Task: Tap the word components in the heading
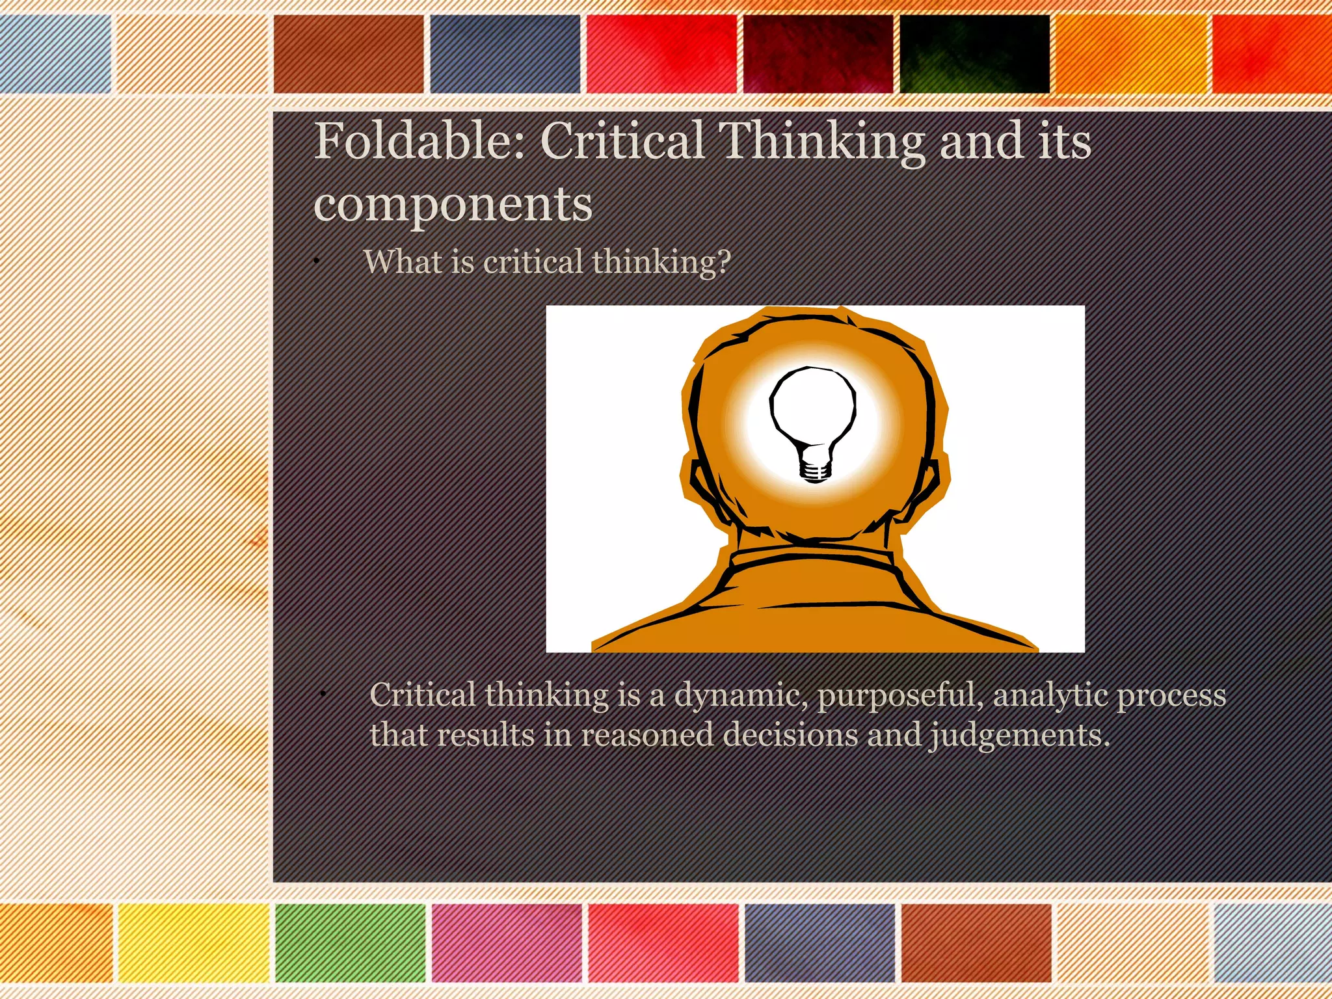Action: click(453, 204)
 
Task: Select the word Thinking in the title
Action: click(821, 141)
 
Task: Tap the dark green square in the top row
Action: click(974, 55)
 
